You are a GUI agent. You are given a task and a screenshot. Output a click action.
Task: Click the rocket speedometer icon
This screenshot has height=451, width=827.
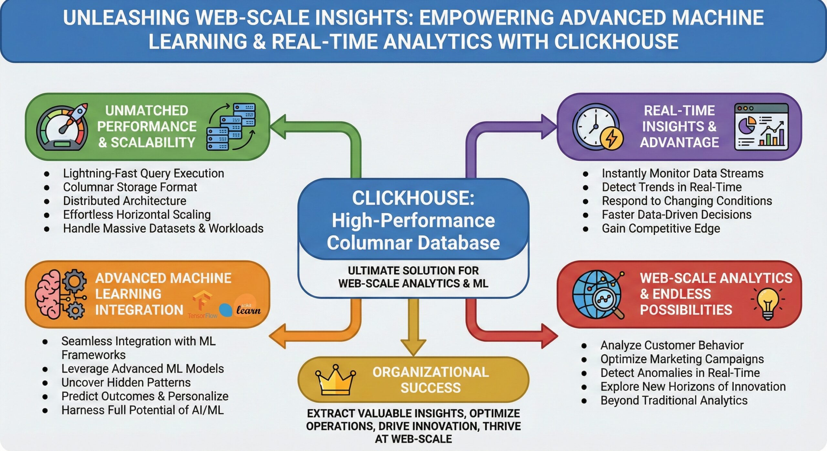pyautogui.click(x=62, y=127)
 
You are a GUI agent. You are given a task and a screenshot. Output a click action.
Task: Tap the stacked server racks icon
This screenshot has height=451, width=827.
pyautogui.click(x=231, y=127)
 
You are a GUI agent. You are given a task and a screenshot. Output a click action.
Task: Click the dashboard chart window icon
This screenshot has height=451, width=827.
pyautogui.click(x=761, y=127)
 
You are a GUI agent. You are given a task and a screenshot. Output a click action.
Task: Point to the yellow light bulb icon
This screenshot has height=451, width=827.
pyautogui.click(x=768, y=303)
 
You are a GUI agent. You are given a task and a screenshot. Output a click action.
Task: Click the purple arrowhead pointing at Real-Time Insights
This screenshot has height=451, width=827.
pyautogui.click(x=549, y=126)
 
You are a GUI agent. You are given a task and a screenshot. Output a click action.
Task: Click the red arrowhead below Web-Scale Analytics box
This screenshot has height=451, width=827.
pyautogui.click(x=550, y=336)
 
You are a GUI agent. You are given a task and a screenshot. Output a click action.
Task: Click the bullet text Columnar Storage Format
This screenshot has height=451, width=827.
pyautogui.click(x=130, y=187)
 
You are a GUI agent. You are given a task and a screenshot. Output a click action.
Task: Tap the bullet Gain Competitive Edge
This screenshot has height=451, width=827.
pyautogui.click(x=661, y=228)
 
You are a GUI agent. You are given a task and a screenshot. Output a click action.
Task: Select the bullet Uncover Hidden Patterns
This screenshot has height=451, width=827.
pyautogui.click(x=126, y=383)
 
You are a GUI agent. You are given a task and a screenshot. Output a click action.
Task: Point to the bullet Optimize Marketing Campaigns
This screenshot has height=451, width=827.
pyautogui.click(x=682, y=359)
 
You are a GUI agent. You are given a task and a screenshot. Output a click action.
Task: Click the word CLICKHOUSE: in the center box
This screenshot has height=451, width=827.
pyautogui.click(x=413, y=198)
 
